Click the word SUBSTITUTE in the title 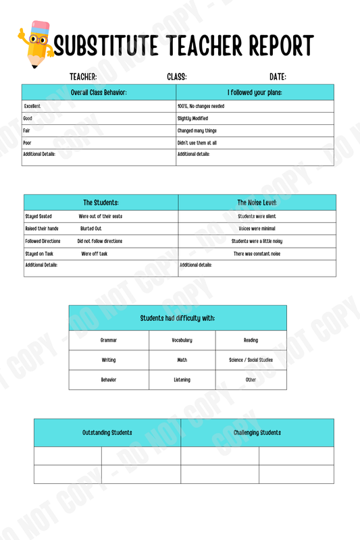[105, 47]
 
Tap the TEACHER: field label [83, 77]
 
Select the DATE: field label [278, 77]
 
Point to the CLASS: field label [177, 77]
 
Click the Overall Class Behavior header [99, 92]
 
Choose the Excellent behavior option [32, 106]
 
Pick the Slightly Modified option [192, 118]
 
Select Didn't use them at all [197, 143]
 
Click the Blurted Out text [91, 229]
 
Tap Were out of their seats [101, 217]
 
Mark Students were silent [257, 217]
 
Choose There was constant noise [257, 254]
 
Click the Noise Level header [257, 202]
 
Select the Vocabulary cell [182, 340]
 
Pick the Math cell [182, 360]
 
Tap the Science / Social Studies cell [251, 360]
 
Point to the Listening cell [182, 380]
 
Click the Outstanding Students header [107, 433]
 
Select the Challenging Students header [257, 433]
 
